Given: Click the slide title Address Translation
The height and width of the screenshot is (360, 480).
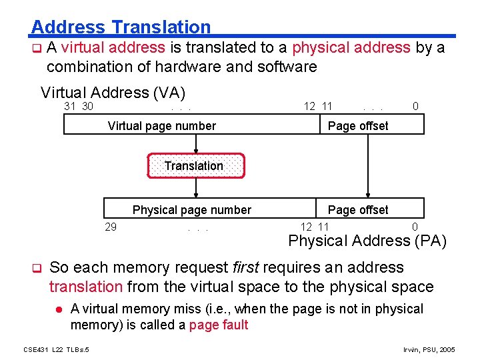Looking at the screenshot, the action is point(121,27).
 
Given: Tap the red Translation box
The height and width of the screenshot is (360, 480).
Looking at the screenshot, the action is point(194,166).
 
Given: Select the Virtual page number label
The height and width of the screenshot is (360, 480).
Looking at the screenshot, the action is point(162,126).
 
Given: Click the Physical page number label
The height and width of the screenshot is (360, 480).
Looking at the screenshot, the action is point(192,210).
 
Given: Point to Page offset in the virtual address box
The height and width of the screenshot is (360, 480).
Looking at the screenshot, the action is point(358,126).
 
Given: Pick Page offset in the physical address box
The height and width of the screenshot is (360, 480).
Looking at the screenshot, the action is point(358,210).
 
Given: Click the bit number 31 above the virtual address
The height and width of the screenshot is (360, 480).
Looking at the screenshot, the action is point(69,107).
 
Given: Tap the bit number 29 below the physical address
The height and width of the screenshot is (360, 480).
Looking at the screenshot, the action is point(111,227).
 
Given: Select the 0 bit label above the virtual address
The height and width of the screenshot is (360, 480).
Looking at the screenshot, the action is point(415,107).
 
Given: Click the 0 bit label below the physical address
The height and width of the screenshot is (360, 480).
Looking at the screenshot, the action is point(415,227).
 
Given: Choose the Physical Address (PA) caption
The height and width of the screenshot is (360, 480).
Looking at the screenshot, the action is point(368,241).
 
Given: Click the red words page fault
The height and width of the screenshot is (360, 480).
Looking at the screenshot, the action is point(219,325).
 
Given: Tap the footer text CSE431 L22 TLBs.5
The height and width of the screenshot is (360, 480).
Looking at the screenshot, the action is point(57,350).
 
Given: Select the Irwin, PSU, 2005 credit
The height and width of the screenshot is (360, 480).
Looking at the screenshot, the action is point(429,350).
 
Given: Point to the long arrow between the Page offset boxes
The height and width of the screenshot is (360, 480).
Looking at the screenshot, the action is point(364,167).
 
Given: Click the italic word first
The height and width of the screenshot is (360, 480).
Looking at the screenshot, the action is point(247,267).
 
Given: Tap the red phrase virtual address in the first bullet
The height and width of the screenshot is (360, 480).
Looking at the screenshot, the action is point(113,47).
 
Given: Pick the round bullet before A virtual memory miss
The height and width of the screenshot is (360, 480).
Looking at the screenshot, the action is point(59,309).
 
